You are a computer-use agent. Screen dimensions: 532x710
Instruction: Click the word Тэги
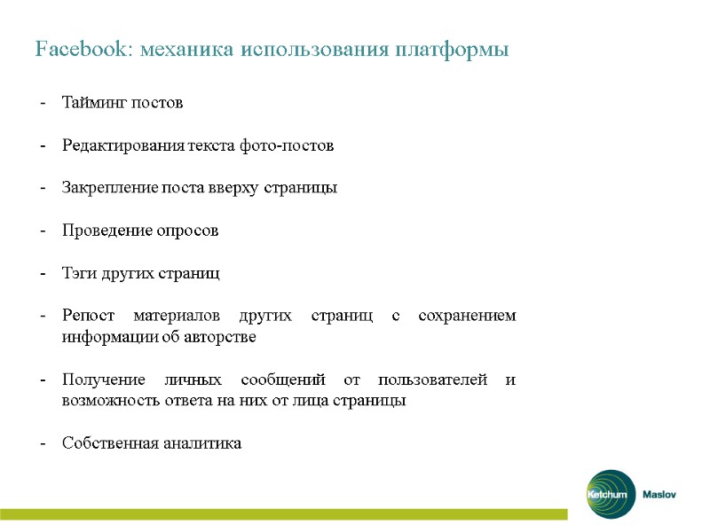(78, 274)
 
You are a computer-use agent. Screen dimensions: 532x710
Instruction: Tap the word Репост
(86, 317)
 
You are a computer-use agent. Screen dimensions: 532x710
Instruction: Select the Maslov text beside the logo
(659, 495)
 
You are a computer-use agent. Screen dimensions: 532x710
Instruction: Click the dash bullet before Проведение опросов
(43, 231)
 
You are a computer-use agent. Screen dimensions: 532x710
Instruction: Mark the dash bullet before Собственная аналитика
(43, 443)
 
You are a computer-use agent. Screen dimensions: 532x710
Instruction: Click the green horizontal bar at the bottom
(284, 514)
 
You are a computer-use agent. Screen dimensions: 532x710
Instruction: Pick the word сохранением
(469, 317)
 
